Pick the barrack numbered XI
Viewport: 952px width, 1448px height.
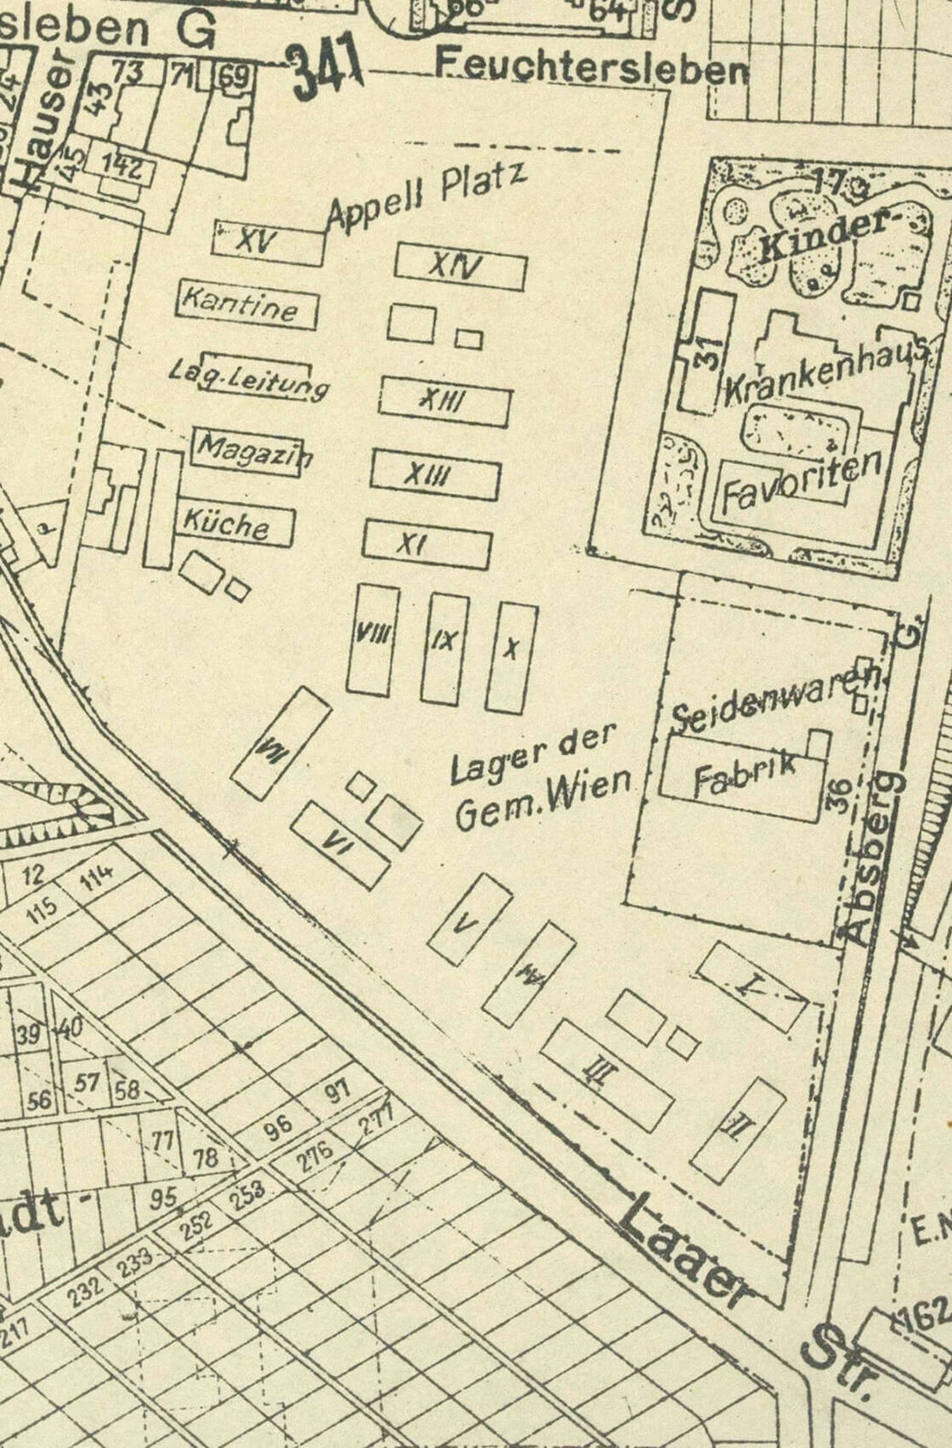[x=426, y=544]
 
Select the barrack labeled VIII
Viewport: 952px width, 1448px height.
[x=373, y=639]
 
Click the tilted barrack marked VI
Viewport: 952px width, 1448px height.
[x=339, y=844]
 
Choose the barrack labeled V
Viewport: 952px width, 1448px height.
[x=469, y=919]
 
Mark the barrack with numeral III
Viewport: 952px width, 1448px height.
[x=606, y=1075]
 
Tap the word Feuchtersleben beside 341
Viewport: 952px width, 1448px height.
[x=591, y=66]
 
